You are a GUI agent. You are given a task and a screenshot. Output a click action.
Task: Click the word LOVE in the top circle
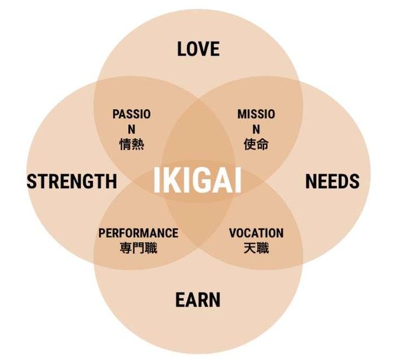point(198,49)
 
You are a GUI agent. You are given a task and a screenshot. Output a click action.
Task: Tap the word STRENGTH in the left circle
point(72,181)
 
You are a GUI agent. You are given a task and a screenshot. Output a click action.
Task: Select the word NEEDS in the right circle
point(332,181)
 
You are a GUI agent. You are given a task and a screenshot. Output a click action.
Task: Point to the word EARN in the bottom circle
point(198,300)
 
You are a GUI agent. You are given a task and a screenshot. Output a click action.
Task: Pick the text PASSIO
point(131,114)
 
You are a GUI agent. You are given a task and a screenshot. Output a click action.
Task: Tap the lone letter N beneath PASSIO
point(131,129)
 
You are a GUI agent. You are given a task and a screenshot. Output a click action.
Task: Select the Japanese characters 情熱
point(131,145)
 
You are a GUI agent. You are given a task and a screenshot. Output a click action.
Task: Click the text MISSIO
point(256,114)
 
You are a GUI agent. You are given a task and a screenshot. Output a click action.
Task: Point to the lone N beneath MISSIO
point(256,129)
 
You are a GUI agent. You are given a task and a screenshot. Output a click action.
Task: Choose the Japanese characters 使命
point(256,145)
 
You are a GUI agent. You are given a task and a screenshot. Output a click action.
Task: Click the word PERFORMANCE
point(138,233)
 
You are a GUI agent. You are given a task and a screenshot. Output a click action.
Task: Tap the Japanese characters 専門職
point(138,247)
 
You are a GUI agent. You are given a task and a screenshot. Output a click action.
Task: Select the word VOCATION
point(256,233)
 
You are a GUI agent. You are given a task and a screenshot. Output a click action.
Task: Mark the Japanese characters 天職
point(256,247)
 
